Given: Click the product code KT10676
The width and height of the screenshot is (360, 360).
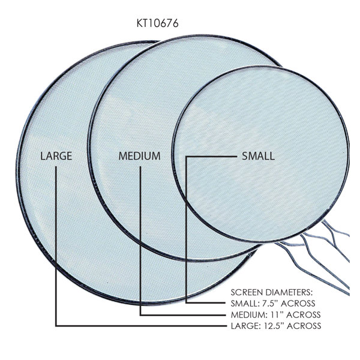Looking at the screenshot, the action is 157,23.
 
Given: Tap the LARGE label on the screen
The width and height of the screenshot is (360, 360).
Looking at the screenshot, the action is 56,156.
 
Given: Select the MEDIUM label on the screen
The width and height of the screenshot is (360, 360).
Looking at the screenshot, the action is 139,156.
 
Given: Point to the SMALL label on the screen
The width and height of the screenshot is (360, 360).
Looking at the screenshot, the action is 258,156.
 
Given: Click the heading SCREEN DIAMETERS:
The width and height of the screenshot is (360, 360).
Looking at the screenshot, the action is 272,293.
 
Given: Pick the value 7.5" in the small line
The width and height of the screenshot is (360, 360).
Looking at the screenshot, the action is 271,304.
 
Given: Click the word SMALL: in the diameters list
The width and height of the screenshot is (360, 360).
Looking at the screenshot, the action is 245,304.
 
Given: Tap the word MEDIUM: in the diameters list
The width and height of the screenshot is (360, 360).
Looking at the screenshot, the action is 248,314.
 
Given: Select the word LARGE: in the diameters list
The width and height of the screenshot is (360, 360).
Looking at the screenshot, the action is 245,326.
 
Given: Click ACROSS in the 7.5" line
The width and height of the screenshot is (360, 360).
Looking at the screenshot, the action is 298,304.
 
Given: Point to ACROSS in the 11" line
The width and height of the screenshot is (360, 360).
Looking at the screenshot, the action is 304,314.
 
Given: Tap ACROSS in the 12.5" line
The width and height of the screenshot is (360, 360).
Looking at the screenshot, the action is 304,326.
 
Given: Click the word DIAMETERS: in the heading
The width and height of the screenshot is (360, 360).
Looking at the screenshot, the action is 289,293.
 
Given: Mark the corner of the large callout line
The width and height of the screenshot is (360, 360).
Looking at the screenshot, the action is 56,326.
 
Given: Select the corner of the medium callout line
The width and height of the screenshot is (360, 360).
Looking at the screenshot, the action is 140,315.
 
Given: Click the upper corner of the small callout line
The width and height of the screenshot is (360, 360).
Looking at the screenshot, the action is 187,157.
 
